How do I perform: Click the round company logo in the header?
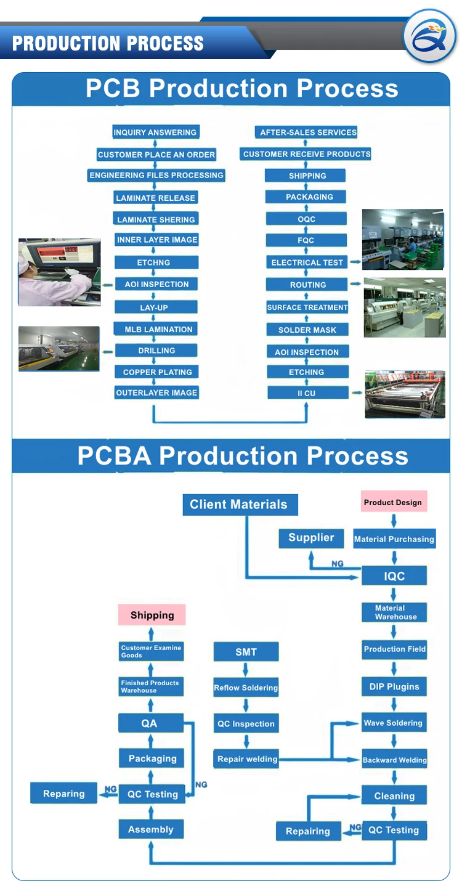point(430,36)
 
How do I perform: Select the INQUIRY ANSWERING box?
point(155,132)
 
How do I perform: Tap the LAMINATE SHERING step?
point(156,219)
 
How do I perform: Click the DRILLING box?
point(156,351)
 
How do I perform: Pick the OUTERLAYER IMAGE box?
point(156,392)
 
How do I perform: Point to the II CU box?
point(307,393)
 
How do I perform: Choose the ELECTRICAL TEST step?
point(307,262)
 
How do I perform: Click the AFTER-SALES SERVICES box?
point(306,132)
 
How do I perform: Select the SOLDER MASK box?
point(307,330)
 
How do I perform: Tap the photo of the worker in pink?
point(60,272)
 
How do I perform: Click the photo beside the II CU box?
point(405,394)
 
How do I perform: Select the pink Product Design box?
point(394,502)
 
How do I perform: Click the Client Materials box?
point(240,505)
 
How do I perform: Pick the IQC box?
point(394,576)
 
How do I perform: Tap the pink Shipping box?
point(152,615)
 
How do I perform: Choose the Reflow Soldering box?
point(246,687)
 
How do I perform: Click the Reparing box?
point(64,794)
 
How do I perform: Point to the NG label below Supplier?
point(338,564)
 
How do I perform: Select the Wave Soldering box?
point(394,723)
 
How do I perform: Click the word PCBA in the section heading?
point(115,456)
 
